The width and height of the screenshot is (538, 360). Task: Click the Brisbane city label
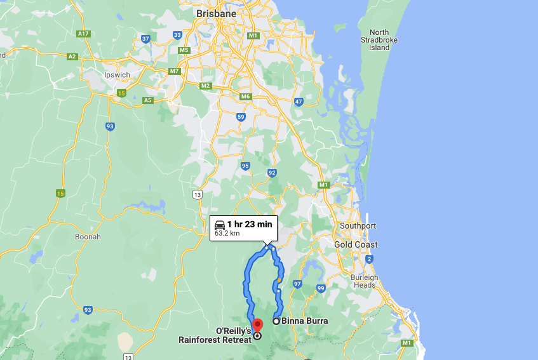click(x=216, y=13)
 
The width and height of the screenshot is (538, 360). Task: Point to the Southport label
click(x=358, y=226)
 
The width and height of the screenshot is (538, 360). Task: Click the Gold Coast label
click(x=356, y=244)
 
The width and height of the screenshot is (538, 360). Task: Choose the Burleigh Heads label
click(x=364, y=281)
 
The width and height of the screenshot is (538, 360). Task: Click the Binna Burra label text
click(x=305, y=321)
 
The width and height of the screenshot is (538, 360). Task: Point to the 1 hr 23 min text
click(x=250, y=223)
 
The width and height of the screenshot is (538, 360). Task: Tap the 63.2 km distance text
click(x=227, y=234)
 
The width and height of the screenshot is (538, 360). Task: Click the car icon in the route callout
click(x=219, y=223)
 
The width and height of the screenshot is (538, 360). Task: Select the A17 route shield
click(x=82, y=33)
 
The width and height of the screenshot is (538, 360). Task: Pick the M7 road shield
click(x=174, y=71)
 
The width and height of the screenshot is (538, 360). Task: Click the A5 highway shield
click(x=147, y=100)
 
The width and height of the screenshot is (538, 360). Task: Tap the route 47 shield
click(x=299, y=102)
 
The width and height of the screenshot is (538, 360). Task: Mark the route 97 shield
click(x=297, y=284)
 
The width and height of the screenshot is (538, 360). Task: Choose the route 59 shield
click(x=241, y=117)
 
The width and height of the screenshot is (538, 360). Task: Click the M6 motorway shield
click(x=246, y=97)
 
